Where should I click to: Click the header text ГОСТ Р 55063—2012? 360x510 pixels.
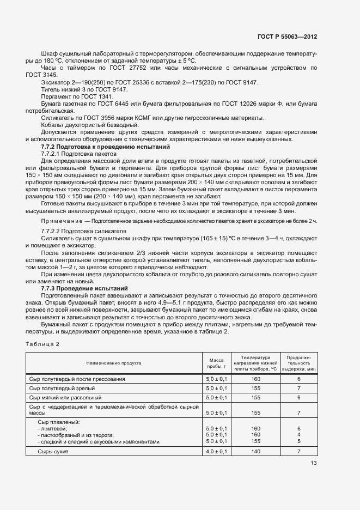tap(287, 37)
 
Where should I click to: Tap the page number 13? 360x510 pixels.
tap(314, 463)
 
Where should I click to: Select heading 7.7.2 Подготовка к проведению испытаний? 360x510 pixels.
tap(106, 147)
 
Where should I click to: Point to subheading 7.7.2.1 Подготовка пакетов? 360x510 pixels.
tap(80, 154)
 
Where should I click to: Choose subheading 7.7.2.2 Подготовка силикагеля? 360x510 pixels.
tap(84, 231)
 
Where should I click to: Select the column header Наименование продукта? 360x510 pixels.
tap(114, 362)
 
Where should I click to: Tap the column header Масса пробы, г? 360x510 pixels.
tap(216, 362)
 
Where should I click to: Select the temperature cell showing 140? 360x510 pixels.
tap(257, 452)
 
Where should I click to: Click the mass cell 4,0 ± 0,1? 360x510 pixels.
tap(216, 452)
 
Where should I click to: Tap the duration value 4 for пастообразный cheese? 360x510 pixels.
tap(299, 435)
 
